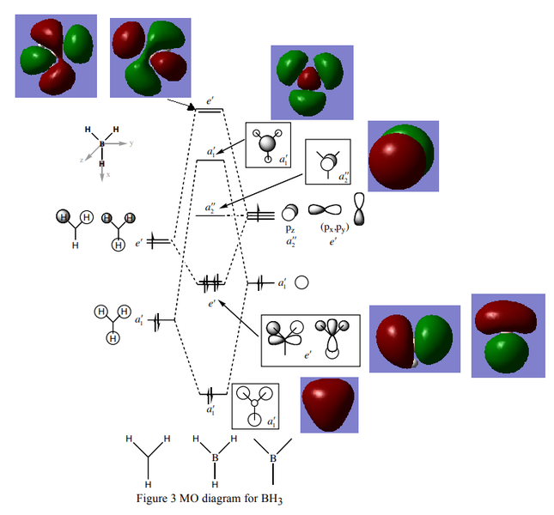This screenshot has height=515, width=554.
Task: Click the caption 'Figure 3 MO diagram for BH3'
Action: pos(210,499)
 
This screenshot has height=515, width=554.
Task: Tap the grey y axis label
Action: pos(131,143)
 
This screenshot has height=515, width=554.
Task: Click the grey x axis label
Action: pos(108,174)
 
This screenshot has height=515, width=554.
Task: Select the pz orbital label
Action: pos(290,228)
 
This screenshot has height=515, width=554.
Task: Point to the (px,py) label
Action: pos(334,227)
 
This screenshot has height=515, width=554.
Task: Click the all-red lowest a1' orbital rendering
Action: pos(329,405)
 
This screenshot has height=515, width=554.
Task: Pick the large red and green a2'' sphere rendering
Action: pos(403,156)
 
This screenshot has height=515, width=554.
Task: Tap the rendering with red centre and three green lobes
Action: pos(312,82)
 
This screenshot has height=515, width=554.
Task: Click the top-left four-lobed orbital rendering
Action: pos(56,56)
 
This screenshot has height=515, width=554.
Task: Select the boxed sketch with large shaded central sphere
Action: pos(268,145)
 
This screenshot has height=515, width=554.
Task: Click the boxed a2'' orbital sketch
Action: pos(328,161)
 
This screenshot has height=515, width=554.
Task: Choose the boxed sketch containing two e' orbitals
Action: pos(311,340)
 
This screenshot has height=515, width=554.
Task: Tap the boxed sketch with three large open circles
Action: pos(255,406)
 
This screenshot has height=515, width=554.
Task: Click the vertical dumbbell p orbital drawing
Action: pos(359,209)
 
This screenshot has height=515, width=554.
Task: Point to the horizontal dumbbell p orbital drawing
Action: pos(325,209)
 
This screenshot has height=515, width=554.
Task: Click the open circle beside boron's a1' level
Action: pos(301,282)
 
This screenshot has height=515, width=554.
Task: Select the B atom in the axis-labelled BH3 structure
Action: pos(102,144)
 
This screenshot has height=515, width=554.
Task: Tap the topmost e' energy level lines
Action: pos(210,111)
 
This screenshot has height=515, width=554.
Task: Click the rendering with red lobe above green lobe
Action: pos(508,336)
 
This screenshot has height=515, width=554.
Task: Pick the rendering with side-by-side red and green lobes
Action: pos(415,339)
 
